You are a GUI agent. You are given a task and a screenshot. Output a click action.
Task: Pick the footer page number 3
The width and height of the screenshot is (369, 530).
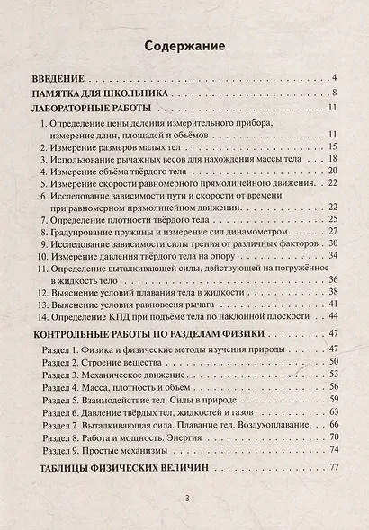(x=185, y=499)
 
